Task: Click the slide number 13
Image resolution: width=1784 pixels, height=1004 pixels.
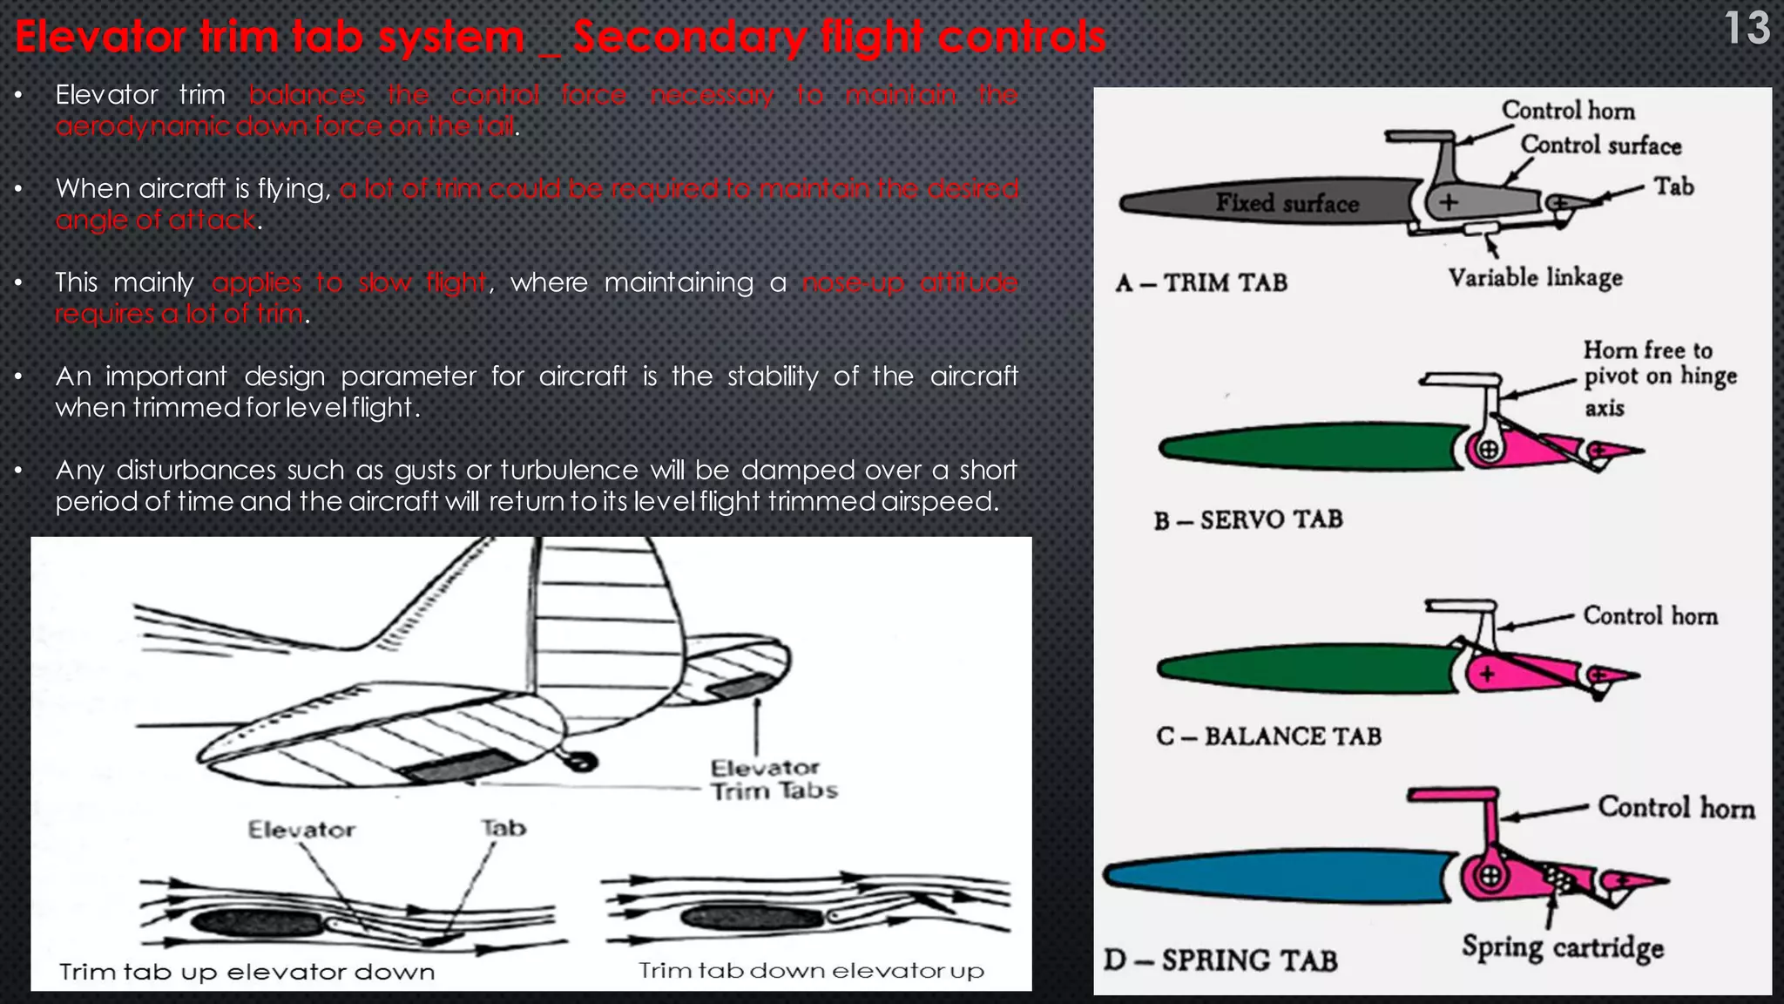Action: (1747, 29)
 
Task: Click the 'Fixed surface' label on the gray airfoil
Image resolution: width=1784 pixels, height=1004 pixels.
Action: (1287, 203)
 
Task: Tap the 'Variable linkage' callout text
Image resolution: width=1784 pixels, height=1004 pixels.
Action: (1535, 278)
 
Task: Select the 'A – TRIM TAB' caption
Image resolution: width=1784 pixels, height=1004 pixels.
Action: (1201, 283)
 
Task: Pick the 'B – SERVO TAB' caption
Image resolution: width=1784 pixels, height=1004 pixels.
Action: (1248, 520)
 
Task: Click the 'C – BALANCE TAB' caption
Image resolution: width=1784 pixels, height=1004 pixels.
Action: (1268, 736)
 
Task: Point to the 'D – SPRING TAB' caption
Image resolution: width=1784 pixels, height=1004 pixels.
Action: (1220, 960)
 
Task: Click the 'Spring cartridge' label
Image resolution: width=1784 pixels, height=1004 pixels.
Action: (1563, 947)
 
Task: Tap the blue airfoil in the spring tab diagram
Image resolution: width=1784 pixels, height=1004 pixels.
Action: (1272, 875)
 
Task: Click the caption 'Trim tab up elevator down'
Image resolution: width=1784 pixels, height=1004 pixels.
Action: (247, 972)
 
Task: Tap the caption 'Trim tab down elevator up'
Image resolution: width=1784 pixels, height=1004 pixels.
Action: (811, 971)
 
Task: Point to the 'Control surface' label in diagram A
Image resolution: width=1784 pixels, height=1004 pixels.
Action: (1600, 146)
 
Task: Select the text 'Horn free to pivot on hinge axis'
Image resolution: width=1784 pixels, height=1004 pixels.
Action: (1659, 378)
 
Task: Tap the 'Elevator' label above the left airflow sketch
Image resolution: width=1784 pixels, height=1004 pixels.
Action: (301, 829)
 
